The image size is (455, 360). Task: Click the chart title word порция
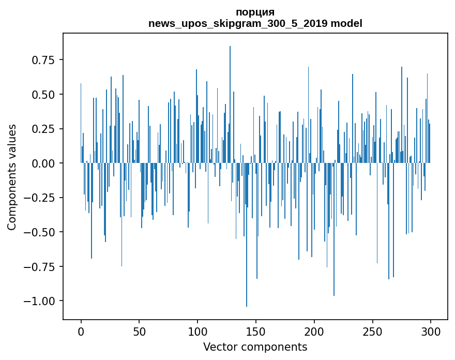pos(255,12)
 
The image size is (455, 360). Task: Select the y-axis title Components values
pos(12,177)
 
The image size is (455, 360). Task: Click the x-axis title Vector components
pos(255,347)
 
